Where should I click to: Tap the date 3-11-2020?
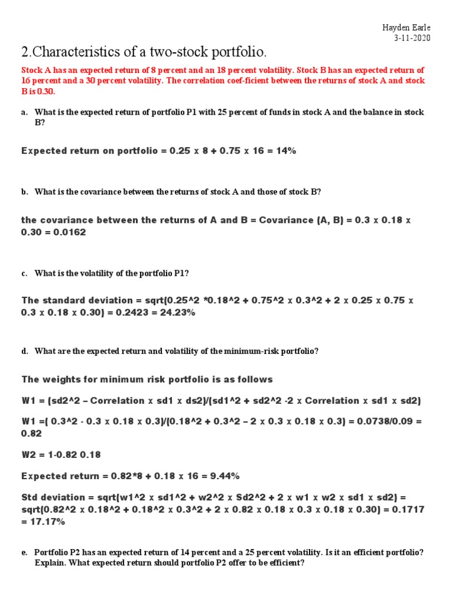tap(413, 38)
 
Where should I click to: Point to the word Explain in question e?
tap(51, 563)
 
